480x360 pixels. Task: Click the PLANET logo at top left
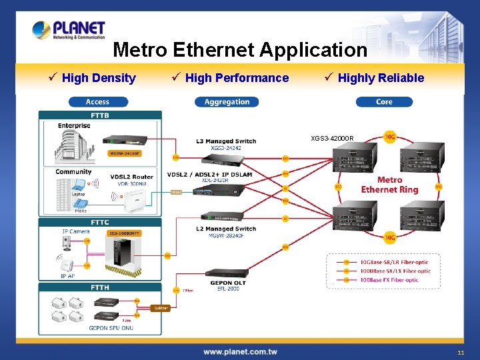[69, 30]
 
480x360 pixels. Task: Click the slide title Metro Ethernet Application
[240, 50]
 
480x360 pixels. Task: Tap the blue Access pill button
[97, 102]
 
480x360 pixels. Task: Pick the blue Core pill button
[384, 102]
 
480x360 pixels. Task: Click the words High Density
[99, 78]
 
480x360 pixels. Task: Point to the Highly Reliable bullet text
[381, 78]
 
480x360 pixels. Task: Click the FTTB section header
[100, 115]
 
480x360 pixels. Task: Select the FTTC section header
[100, 222]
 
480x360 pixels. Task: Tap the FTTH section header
[100, 287]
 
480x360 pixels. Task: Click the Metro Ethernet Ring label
[389, 185]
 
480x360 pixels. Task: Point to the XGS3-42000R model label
[332, 139]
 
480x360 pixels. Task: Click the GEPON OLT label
[229, 282]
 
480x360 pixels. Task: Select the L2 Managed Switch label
[227, 229]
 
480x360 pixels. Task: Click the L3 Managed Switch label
[227, 141]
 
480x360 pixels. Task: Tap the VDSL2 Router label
[132, 177]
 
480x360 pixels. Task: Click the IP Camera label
[75, 231]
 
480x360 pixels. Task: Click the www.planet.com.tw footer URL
[240, 351]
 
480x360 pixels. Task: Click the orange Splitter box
[161, 308]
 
